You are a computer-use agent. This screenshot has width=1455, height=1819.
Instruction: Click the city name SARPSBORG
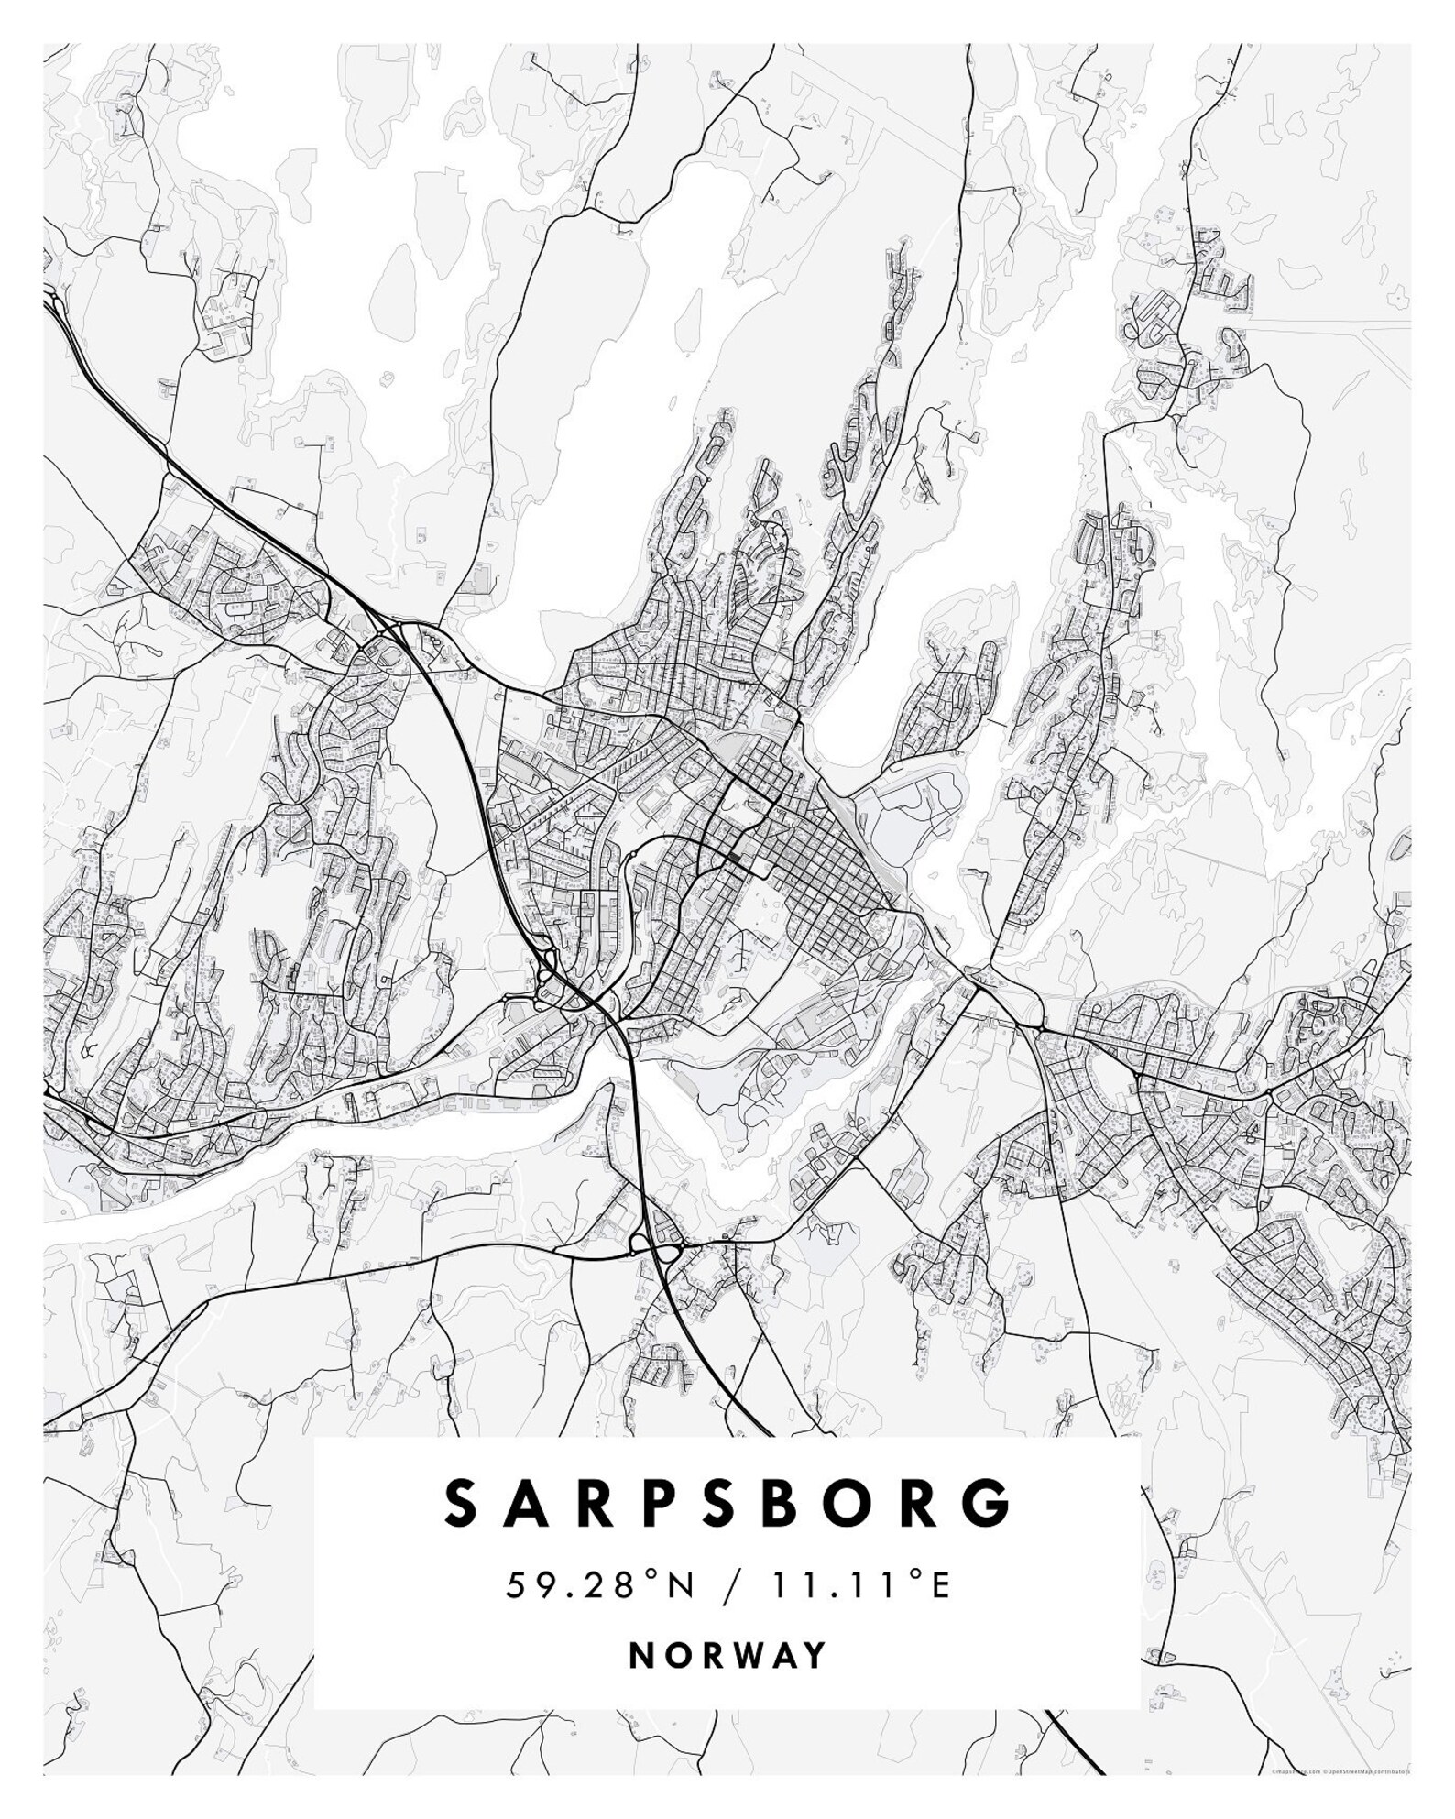(x=728, y=1503)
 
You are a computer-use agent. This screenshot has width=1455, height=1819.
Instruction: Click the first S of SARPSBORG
(x=462, y=1503)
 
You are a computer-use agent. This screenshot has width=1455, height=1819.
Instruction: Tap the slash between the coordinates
(x=728, y=1586)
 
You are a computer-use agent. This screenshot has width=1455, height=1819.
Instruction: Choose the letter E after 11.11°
(x=940, y=1586)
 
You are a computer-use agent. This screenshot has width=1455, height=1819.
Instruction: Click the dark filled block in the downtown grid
(x=735, y=857)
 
